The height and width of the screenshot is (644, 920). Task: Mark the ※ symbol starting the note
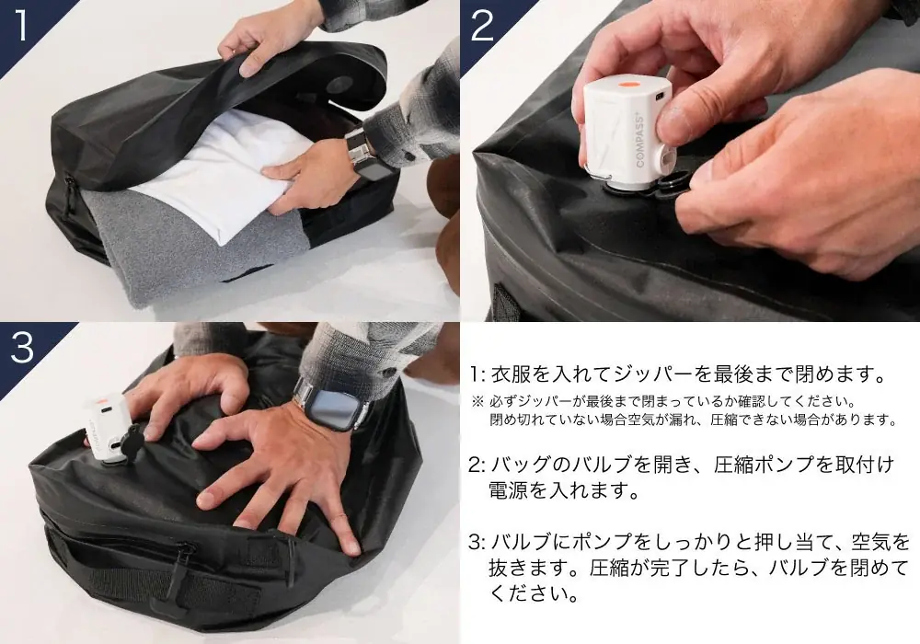pos(477,402)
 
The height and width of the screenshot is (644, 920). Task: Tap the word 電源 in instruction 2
pos(508,490)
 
